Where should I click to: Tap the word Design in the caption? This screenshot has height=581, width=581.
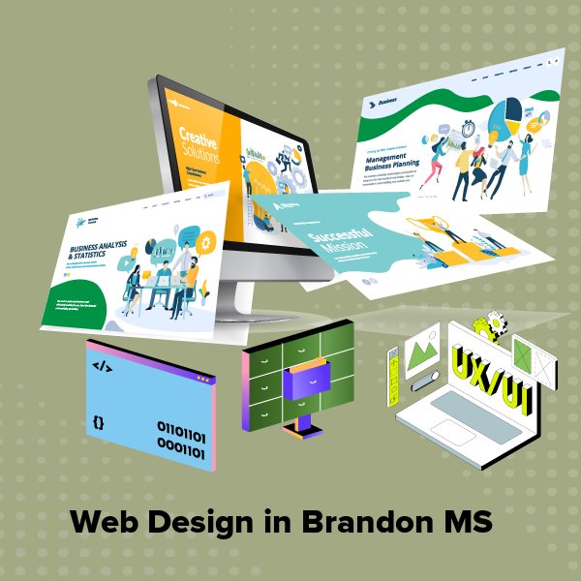point(199,522)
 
